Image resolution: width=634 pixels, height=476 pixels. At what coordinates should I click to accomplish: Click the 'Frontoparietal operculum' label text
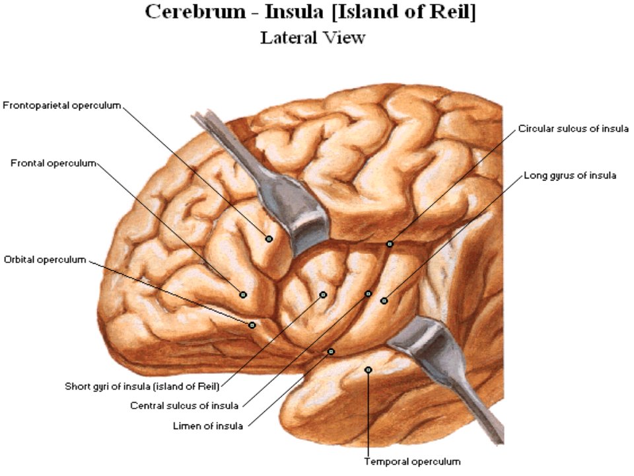(62, 106)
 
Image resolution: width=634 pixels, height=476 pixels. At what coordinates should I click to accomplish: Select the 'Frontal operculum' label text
(53, 163)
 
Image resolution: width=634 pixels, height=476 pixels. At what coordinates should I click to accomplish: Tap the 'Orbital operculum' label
(45, 259)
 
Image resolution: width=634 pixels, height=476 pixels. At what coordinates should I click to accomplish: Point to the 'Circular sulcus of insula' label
(573, 129)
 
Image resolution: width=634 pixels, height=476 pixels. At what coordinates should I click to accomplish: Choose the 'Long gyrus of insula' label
(570, 176)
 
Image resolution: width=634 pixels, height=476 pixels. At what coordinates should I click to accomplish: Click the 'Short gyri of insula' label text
(142, 387)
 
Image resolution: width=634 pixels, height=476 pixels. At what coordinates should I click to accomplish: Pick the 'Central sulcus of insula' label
(184, 405)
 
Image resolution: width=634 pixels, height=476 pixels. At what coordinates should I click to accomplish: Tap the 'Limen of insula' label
(208, 426)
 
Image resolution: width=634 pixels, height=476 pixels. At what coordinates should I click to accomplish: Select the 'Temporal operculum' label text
(412, 461)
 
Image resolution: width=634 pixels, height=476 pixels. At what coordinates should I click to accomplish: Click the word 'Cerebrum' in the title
(195, 11)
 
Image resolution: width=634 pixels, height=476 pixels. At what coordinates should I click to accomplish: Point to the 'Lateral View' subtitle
(312, 38)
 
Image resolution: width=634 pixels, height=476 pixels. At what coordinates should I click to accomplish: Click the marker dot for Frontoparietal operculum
(269, 239)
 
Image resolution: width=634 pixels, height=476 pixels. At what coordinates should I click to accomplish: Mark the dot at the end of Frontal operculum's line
(243, 295)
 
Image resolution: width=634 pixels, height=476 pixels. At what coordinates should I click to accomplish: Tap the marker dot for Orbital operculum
(252, 325)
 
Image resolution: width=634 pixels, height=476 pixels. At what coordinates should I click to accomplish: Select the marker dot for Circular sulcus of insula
(390, 244)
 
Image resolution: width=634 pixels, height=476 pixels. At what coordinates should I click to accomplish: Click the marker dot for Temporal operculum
(368, 370)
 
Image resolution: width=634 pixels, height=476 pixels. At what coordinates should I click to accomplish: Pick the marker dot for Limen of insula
(331, 352)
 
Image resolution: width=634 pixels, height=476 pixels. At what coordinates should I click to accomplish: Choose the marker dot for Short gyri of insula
(323, 295)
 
